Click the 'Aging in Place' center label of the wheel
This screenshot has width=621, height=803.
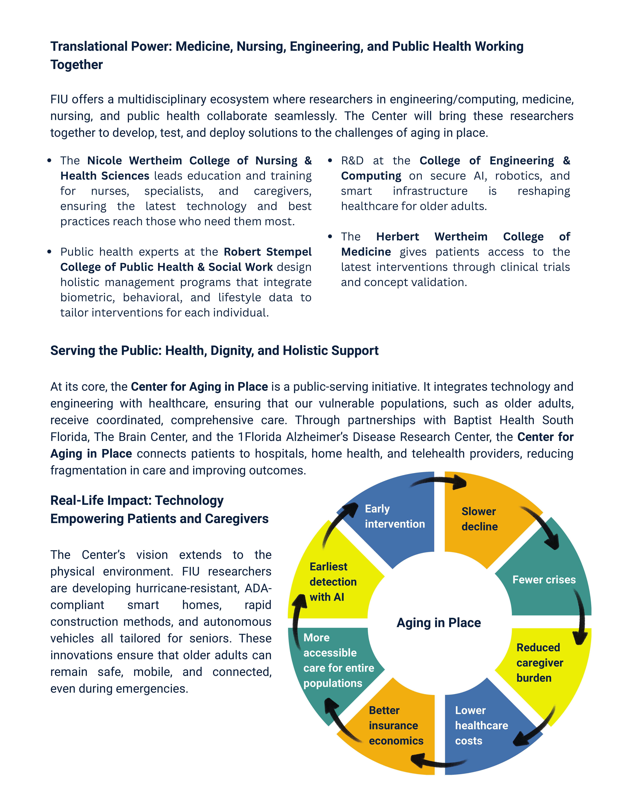click(x=438, y=622)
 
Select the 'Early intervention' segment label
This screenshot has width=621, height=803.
click(x=394, y=516)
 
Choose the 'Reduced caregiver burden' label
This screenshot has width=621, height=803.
click(x=539, y=663)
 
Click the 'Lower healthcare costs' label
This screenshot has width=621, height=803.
click(x=481, y=725)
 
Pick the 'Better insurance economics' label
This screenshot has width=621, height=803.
click(x=396, y=725)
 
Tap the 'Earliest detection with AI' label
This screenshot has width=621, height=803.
click(x=333, y=582)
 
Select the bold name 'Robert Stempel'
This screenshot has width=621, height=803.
click(x=268, y=252)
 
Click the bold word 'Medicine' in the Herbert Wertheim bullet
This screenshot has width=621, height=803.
click(x=366, y=252)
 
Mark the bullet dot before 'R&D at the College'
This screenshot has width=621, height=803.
click(x=330, y=161)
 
